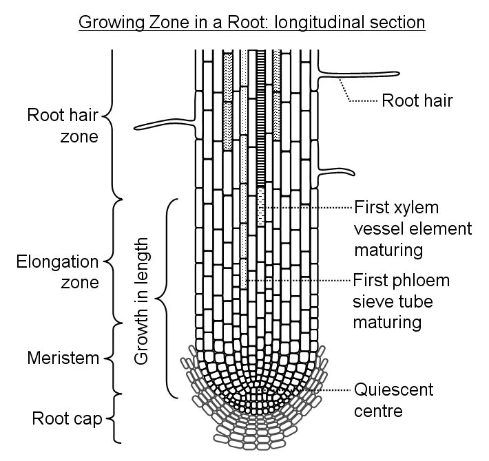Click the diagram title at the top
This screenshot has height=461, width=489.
252,22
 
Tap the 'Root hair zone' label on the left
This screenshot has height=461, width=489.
63,125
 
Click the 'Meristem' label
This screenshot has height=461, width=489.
59,358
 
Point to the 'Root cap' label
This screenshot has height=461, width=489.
63,418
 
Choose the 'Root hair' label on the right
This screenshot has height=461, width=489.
417,101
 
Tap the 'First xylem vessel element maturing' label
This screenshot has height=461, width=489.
412,228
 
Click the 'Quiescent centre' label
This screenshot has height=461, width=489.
394,400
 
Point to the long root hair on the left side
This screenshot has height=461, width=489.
162,123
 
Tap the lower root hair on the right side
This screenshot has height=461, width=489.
337,172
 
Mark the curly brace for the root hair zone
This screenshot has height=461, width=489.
114,124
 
